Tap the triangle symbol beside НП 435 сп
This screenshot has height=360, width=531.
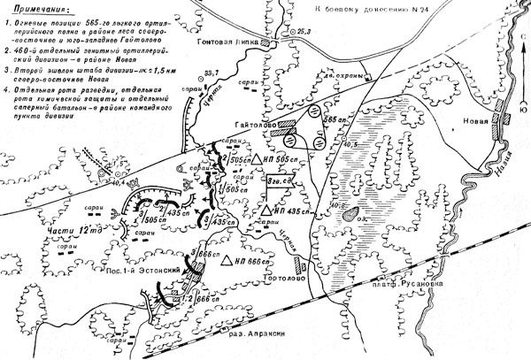pos(266,212)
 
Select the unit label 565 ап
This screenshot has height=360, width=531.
pos(335,119)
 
